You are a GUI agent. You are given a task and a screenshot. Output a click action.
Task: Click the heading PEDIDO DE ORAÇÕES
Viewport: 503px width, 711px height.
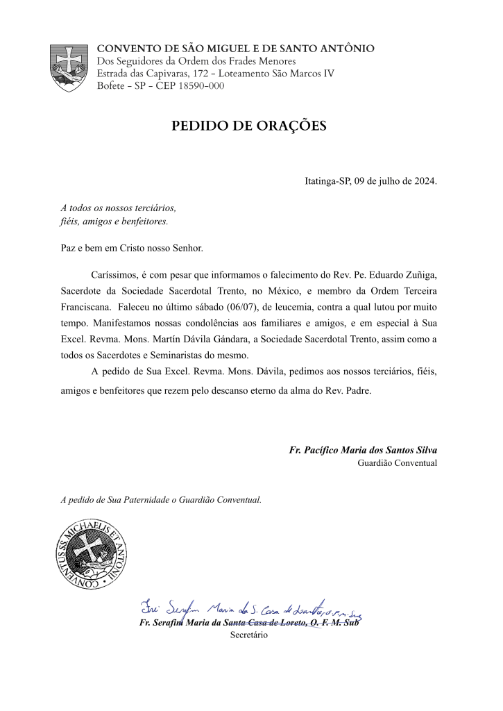point(248,126)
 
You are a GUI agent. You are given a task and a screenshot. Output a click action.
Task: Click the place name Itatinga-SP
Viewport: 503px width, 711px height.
point(327,182)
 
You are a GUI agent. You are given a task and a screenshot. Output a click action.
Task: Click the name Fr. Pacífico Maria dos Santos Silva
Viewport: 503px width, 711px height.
point(363,450)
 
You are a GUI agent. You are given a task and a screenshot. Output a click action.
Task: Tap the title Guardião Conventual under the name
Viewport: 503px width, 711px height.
point(398,462)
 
